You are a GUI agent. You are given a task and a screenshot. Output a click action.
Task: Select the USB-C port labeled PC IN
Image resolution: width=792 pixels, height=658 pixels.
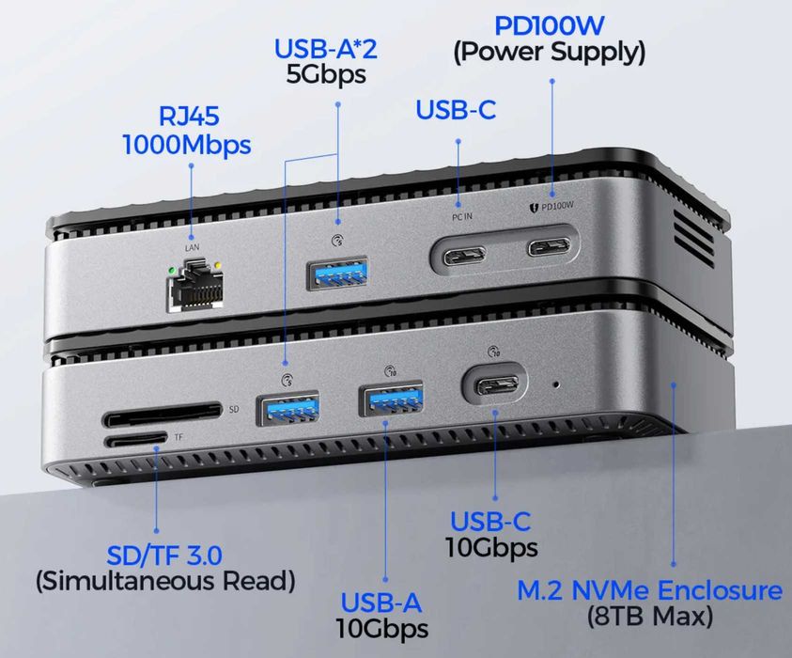coord(459,253)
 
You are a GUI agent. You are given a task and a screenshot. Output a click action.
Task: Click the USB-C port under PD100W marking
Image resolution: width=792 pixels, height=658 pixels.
coord(551,249)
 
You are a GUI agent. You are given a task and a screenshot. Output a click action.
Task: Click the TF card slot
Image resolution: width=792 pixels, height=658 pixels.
coord(135,439)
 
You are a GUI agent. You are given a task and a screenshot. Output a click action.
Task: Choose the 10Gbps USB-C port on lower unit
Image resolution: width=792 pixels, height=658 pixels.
coord(494,386)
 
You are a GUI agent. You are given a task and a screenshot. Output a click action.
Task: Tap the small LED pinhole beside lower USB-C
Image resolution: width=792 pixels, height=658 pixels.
coord(558,384)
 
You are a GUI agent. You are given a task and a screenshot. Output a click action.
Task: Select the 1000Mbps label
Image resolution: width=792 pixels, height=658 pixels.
coord(188,146)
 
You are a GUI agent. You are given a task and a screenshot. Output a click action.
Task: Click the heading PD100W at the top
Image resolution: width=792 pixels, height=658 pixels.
coord(549,21)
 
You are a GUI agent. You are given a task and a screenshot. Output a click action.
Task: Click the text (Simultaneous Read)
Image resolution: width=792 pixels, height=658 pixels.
coord(165,582)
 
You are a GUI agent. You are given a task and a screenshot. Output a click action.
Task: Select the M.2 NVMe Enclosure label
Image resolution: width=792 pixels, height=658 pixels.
coord(649,591)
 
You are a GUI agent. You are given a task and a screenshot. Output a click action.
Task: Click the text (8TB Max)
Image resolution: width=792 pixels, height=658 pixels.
coord(649,618)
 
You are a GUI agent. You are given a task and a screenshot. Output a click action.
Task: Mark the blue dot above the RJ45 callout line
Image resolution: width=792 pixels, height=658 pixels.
coord(191,166)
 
